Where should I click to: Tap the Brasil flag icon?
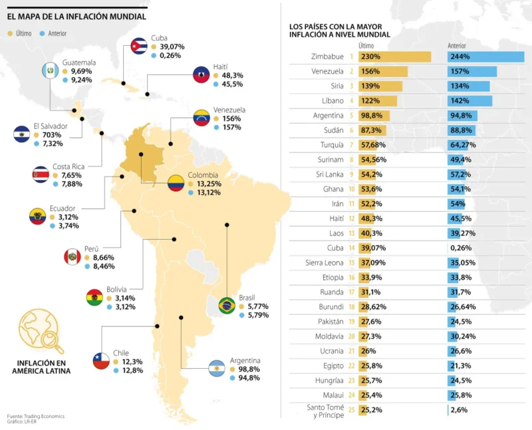click(226, 305)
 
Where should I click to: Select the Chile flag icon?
click(100, 360)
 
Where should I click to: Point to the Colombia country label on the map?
click(203, 175)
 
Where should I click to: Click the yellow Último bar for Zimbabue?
click(394, 57)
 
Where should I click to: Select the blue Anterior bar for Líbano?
click(470, 100)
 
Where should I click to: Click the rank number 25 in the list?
click(350, 409)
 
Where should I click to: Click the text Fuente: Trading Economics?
click(36, 417)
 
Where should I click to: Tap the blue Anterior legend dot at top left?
click(43, 32)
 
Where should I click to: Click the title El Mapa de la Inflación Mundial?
click(76, 17)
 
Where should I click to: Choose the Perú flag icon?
click(72, 257)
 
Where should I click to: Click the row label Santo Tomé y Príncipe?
click(325, 411)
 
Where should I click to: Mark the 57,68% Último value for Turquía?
click(372, 144)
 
